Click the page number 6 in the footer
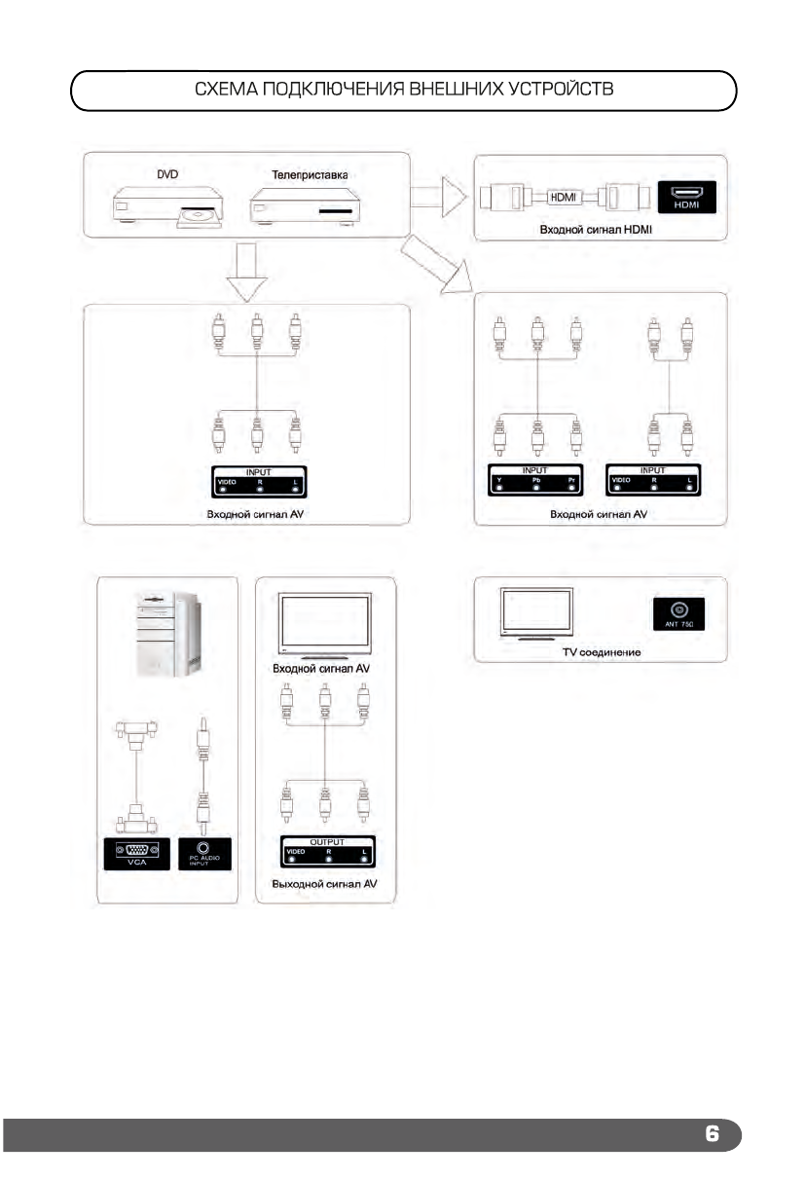712,1134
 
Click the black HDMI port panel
687,197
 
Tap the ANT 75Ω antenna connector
679,613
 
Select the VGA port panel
136,852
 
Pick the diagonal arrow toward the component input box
435,266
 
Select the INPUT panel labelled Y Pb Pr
538,480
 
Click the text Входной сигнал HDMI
595,230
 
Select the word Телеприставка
302,175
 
